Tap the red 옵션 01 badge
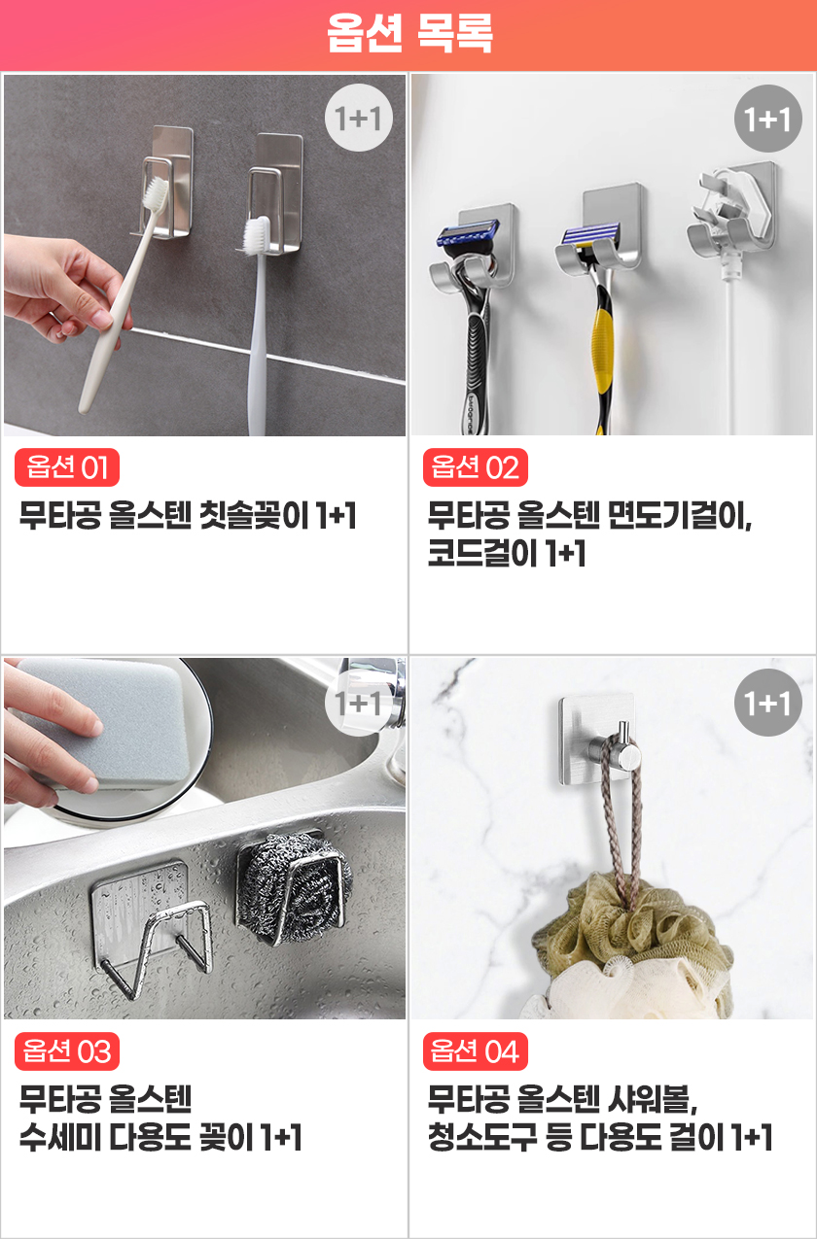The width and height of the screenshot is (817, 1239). [x=67, y=467]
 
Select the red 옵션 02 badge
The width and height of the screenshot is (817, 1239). [x=475, y=467]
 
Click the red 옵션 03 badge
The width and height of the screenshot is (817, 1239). [x=67, y=1050]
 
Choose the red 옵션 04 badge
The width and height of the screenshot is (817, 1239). [x=475, y=1050]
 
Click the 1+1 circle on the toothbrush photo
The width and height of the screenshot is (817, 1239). [x=359, y=118]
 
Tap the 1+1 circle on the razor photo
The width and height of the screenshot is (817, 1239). [x=767, y=119]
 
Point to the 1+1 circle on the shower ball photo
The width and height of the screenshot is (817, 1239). [x=767, y=703]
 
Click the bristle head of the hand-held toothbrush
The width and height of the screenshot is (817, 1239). [x=156, y=194]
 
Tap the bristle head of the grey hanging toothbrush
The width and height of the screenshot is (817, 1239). [x=258, y=235]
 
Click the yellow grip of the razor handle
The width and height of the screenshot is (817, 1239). [x=602, y=354]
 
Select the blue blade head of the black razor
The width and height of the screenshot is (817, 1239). [x=469, y=234]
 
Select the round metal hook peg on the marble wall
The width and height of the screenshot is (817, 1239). [x=622, y=746]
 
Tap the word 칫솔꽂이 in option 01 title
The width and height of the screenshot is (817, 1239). [x=254, y=515]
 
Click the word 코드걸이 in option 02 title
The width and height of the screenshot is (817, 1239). [x=482, y=553]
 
